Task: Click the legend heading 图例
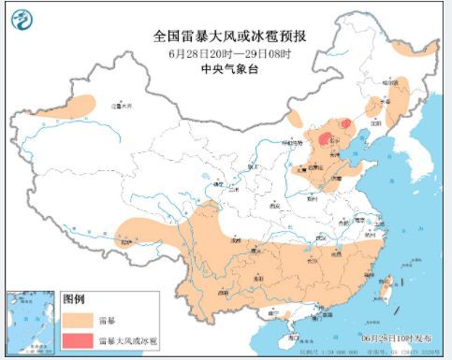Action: coord(75,299)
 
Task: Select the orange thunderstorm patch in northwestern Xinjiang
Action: coord(80,104)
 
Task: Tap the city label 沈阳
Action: coord(375,121)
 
